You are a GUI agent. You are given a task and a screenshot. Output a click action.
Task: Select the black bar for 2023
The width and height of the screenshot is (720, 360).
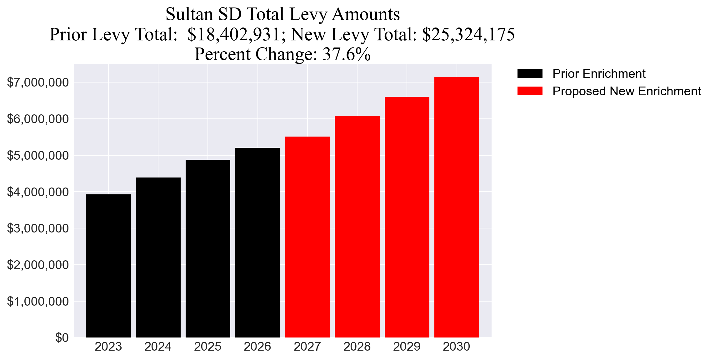(x=108, y=266)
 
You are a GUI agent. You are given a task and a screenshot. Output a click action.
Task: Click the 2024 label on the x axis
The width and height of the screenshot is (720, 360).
(x=158, y=347)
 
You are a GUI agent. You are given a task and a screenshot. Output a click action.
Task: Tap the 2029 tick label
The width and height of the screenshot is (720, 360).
(x=407, y=347)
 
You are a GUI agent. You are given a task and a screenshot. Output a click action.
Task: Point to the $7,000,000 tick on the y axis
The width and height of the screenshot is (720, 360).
(x=37, y=82)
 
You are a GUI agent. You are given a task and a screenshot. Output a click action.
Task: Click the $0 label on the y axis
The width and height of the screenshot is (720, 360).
(x=62, y=338)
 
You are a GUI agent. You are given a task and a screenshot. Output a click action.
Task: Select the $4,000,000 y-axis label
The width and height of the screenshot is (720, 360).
(x=37, y=192)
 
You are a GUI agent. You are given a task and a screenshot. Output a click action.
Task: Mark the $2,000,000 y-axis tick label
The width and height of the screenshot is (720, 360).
(x=37, y=265)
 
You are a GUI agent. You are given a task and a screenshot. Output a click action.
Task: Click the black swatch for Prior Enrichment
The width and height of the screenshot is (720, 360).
(x=530, y=74)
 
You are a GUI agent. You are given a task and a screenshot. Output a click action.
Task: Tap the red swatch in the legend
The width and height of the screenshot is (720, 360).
(x=530, y=91)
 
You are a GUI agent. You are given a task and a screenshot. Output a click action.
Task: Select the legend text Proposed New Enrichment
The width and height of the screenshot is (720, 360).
(x=627, y=91)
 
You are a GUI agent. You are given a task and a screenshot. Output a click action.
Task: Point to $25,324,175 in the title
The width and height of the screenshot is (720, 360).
(x=468, y=34)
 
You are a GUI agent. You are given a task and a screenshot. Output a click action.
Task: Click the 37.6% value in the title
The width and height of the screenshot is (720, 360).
(x=347, y=54)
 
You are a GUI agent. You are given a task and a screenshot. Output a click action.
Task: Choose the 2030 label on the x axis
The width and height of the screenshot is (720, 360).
(x=456, y=347)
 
